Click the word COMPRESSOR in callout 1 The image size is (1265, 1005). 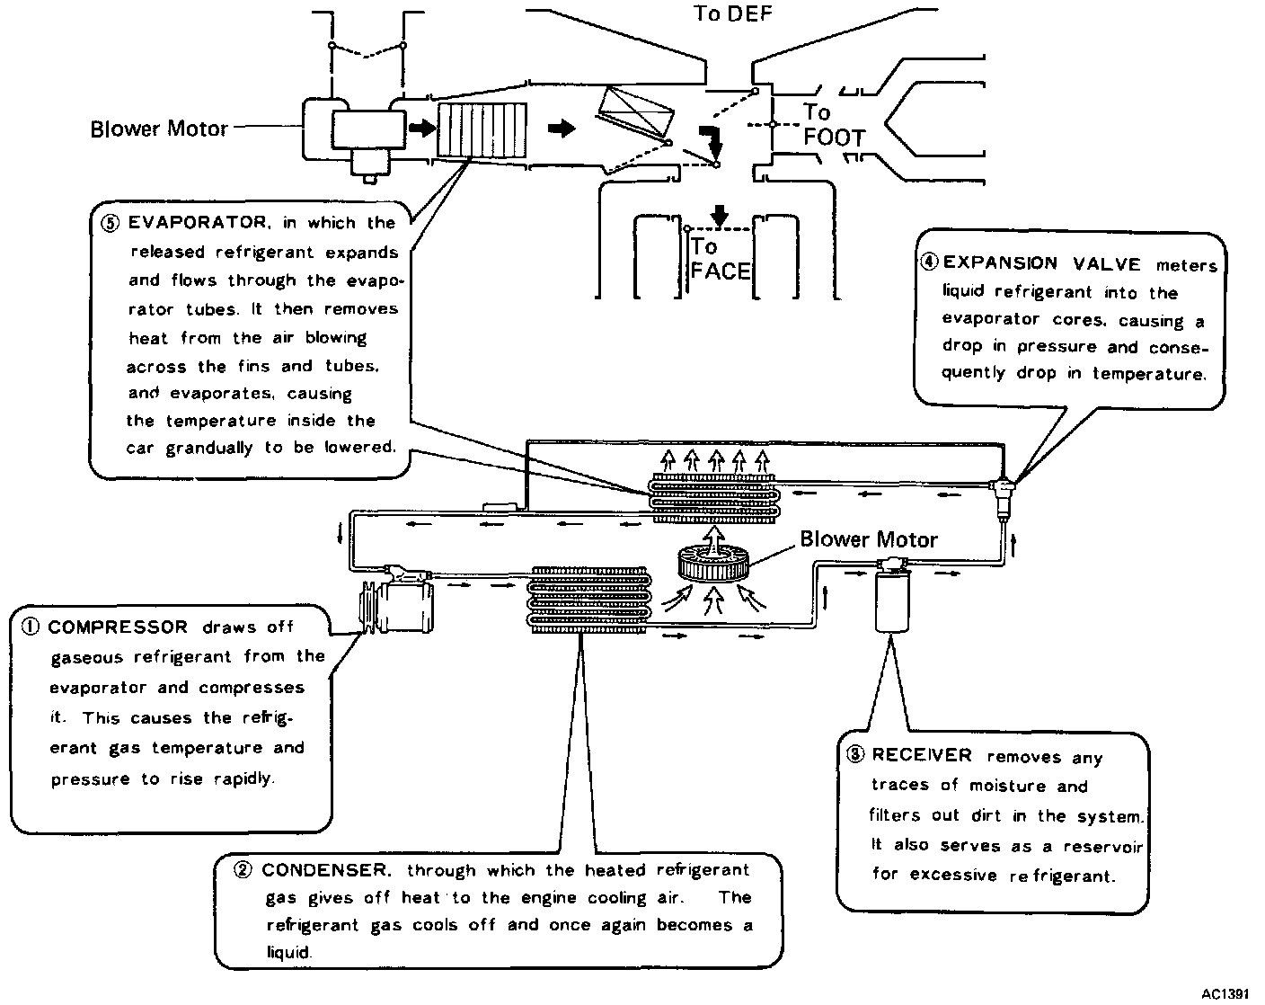click(118, 627)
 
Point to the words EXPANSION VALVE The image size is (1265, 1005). click(1041, 263)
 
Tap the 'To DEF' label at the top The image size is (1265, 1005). click(732, 13)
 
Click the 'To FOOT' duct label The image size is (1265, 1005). click(832, 126)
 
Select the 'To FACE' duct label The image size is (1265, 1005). click(720, 260)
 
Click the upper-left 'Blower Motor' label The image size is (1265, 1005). click(159, 129)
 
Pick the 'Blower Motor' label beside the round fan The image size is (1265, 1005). click(868, 539)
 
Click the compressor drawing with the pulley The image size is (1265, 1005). click(397, 607)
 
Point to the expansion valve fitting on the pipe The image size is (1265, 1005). click(1003, 490)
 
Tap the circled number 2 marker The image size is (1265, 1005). click(243, 870)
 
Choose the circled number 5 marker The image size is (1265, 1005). click(111, 223)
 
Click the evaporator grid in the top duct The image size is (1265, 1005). click(482, 129)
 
